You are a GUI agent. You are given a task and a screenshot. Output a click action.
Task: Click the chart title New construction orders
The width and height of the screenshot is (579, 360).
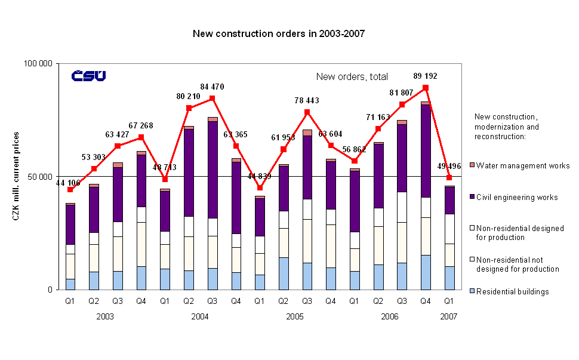tap(278, 33)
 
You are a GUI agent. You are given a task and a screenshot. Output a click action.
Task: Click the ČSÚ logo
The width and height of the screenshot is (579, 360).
tap(88, 76)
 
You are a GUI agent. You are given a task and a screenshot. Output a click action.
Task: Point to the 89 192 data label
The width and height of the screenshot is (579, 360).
tap(424, 76)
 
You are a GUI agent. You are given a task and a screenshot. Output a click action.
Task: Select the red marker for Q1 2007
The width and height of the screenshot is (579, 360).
tap(449, 177)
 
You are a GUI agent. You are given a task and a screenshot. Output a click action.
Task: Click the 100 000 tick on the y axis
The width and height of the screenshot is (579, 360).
tap(39, 63)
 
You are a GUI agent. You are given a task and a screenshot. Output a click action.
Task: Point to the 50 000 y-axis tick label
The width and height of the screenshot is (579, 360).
tap(41, 177)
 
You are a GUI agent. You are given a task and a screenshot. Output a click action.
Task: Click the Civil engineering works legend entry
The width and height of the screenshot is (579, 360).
tap(516, 198)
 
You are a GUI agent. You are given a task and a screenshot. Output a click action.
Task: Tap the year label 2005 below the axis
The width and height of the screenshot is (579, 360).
tap(294, 316)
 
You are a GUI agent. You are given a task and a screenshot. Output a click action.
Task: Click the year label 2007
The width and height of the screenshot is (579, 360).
tap(449, 316)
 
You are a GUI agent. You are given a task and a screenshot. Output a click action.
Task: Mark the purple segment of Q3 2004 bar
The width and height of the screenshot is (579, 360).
tap(212, 170)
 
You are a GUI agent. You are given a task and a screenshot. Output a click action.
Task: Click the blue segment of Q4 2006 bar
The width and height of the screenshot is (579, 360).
tap(426, 272)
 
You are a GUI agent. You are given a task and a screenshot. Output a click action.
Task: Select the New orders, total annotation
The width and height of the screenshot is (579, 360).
tap(352, 76)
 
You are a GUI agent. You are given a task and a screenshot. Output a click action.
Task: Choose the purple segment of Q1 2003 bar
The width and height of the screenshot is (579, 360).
tap(70, 224)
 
